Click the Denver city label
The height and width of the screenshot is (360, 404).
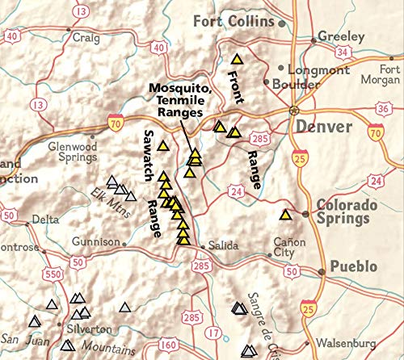pyautogui.click(x=323, y=128)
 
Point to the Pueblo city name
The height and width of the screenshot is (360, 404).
pyautogui.click(x=354, y=267)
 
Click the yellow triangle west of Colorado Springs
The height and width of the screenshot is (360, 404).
pyautogui.click(x=284, y=215)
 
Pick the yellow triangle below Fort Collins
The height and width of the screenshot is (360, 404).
pyautogui.click(x=237, y=58)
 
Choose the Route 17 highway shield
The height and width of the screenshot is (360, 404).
pyautogui.click(x=213, y=333)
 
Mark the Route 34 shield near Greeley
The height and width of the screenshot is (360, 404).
pyautogui.click(x=342, y=53)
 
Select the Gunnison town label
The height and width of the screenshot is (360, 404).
pyautogui.click(x=95, y=241)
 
